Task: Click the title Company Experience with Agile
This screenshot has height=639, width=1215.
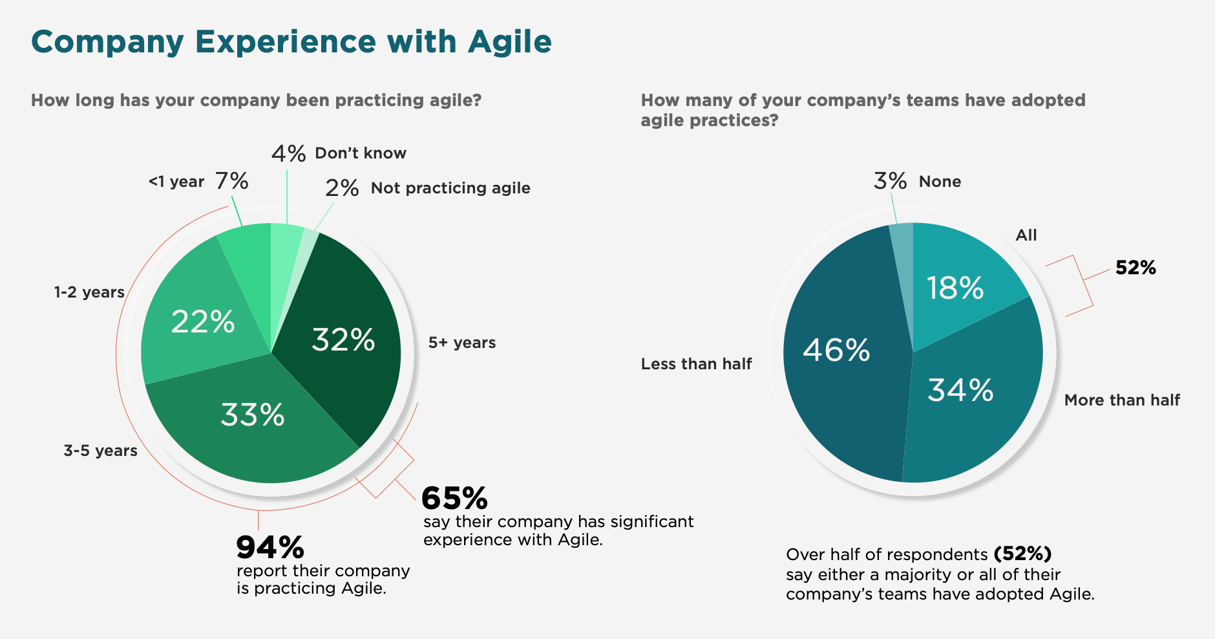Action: point(291,42)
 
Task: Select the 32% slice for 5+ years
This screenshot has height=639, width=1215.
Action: point(343,340)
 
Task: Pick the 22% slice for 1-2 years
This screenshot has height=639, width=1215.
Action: point(202,321)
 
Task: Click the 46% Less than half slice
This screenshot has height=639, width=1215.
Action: point(836,350)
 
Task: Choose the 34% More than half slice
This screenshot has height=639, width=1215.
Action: point(960,390)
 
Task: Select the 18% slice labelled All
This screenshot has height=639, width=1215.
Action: point(955,288)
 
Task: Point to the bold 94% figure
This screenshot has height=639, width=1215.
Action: point(270,548)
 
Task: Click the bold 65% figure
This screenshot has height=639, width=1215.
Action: point(454,498)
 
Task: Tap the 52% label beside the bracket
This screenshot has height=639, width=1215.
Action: point(1136,268)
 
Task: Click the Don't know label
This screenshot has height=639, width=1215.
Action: point(361,153)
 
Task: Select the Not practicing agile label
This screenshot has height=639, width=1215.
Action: point(450,188)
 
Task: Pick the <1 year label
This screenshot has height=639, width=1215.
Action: point(176,182)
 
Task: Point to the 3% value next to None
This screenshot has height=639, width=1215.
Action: point(890,181)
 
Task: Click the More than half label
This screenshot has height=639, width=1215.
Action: point(1122,400)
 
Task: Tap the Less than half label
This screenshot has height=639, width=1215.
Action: point(696,364)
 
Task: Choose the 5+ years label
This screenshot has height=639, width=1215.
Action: point(462,343)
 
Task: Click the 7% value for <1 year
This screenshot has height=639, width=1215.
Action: point(232,181)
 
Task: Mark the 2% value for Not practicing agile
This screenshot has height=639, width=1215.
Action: point(342,188)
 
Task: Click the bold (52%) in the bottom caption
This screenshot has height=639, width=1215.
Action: point(1022,554)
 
